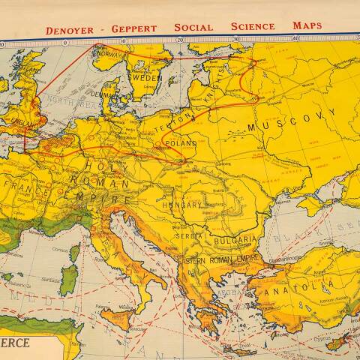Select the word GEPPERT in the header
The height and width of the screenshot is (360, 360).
coord(134,28)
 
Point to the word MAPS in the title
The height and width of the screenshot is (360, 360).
coord(307,25)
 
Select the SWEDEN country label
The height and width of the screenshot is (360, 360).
coord(147,77)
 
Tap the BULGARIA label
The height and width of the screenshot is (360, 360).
coord(235,242)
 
